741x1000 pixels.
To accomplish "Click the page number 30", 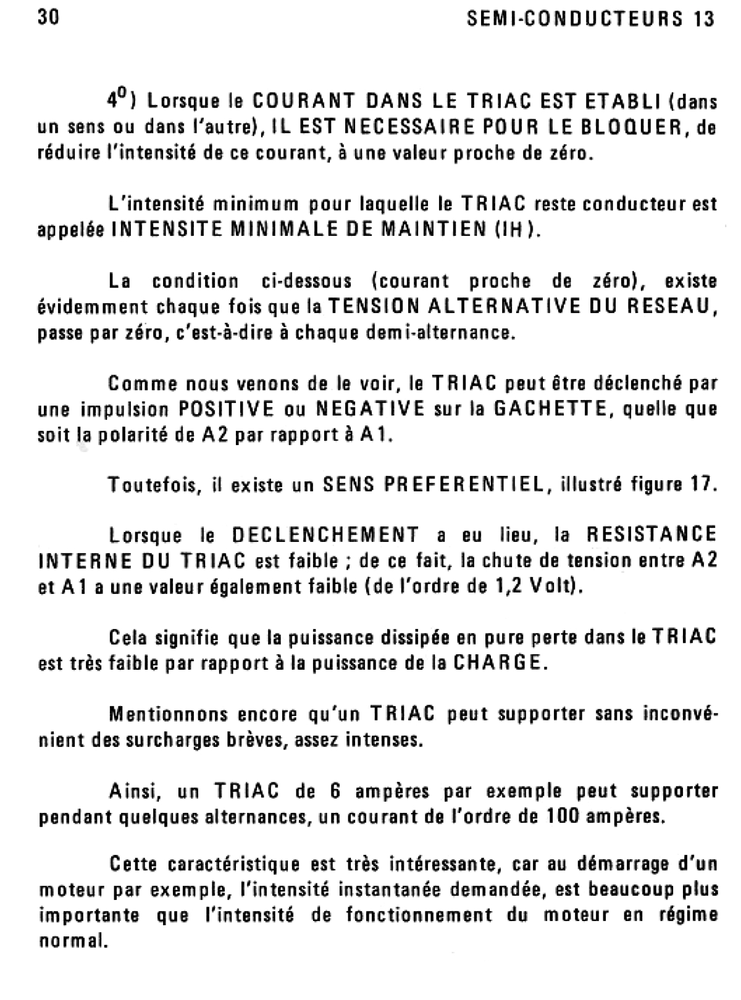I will (x=48, y=18).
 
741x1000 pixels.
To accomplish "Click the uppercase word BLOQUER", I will (x=624, y=127).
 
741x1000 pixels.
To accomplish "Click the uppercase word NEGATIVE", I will (x=370, y=409).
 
